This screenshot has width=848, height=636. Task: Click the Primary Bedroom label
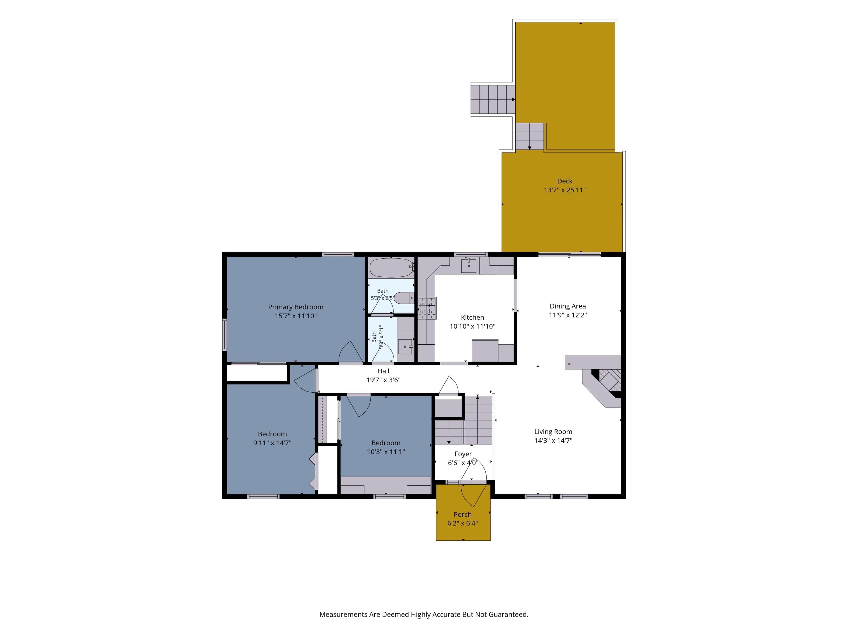click(296, 307)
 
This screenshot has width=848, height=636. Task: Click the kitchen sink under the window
click(468, 265)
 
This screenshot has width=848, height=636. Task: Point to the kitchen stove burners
click(427, 308)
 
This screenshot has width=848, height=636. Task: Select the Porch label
click(463, 514)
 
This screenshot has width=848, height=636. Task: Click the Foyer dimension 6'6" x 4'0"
click(463, 463)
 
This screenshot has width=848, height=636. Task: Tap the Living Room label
click(553, 432)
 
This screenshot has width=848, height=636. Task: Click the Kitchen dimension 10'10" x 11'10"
click(473, 326)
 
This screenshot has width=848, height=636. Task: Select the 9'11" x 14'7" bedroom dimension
click(272, 443)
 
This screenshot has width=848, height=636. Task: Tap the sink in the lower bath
click(405, 347)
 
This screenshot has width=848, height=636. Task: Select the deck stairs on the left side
click(493, 99)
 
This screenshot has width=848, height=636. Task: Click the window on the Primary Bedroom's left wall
click(225, 334)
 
